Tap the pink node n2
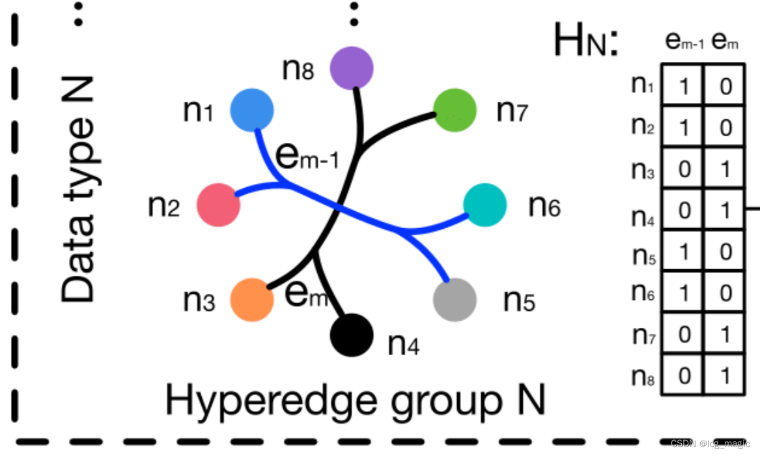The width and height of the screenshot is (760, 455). [x=218, y=204]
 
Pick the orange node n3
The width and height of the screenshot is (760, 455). [x=253, y=299]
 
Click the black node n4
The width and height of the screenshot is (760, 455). [x=352, y=335]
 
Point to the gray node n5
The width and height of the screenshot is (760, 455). [x=455, y=300]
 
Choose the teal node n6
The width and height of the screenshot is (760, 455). [x=485, y=205]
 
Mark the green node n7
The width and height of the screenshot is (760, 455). [x=455, y=110]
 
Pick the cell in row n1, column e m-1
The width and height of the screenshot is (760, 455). [x=683, y=85]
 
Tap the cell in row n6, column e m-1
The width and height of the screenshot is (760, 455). [x=683, y=293]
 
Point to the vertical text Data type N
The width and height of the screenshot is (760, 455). [x=77, y=189]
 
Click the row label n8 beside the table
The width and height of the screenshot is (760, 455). [x=645, y=376]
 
